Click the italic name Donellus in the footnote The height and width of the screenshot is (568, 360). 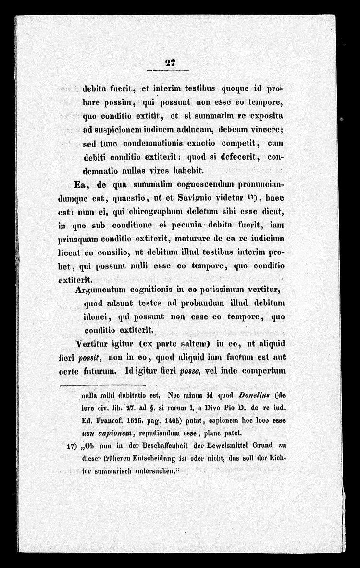coord(258,396)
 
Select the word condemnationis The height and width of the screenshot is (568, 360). coord(157,143)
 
